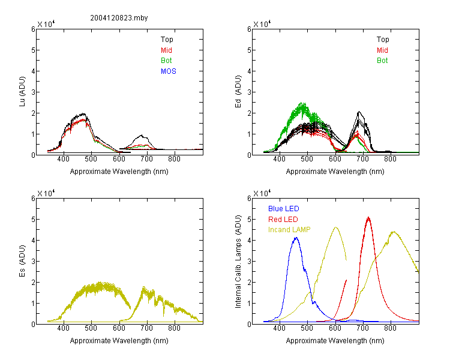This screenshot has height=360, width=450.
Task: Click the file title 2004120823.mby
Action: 119,18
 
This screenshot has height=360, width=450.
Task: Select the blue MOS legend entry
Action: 169,71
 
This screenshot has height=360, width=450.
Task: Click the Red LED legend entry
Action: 283,220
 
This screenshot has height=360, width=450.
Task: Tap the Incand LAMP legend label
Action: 289,230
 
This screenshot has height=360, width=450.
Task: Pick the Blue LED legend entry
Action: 284,209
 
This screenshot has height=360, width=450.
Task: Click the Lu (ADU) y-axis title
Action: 22,91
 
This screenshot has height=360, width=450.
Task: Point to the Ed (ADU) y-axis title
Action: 238,92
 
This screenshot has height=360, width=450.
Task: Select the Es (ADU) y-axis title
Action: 22,260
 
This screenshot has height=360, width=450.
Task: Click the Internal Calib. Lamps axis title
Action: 238,261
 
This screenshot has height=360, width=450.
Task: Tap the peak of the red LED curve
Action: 368,218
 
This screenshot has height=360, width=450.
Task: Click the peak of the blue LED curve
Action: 296,238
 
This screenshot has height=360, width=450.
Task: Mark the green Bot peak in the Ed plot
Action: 301,103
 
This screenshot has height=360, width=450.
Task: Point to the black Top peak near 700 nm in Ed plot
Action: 359,112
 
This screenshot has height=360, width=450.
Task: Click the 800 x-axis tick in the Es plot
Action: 175,328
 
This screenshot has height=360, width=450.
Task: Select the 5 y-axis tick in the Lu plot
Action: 33,50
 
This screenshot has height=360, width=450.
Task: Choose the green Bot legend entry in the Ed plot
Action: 382,61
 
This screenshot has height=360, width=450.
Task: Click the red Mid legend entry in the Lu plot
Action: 166,50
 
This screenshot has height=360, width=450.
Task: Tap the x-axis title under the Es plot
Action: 119,341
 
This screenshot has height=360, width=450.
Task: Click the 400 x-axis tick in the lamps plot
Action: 280,328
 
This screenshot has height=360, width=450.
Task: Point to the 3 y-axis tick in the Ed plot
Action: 249,92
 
